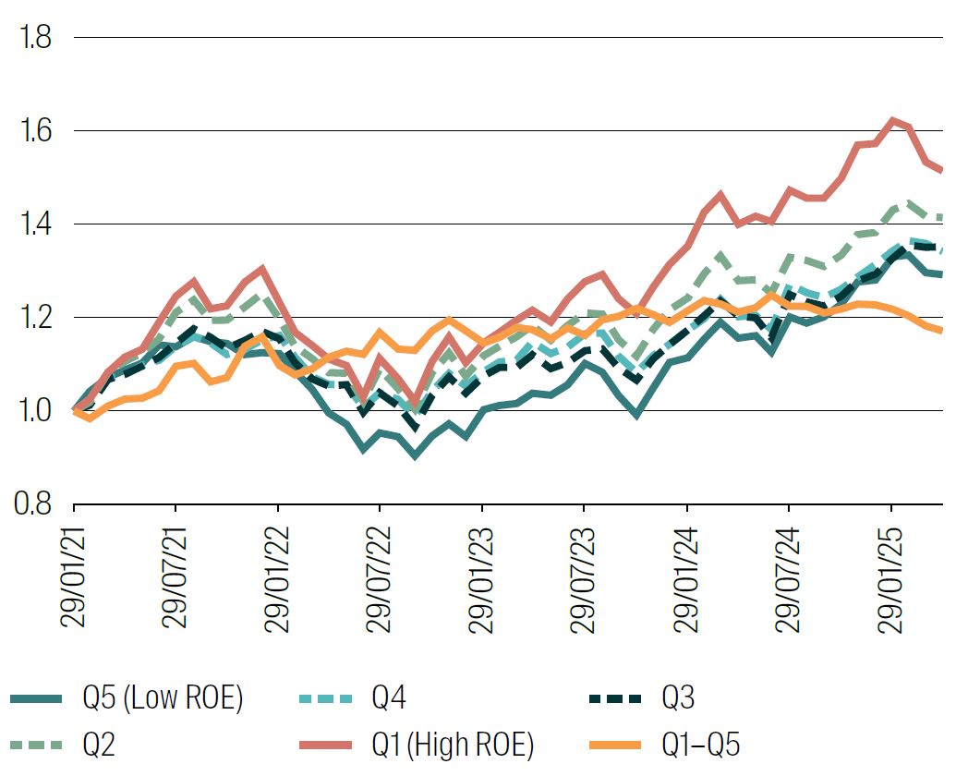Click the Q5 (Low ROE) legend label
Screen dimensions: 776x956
coord(162,699)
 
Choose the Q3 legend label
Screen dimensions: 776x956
coord(679,699)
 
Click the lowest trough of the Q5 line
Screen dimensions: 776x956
coord(415,455)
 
